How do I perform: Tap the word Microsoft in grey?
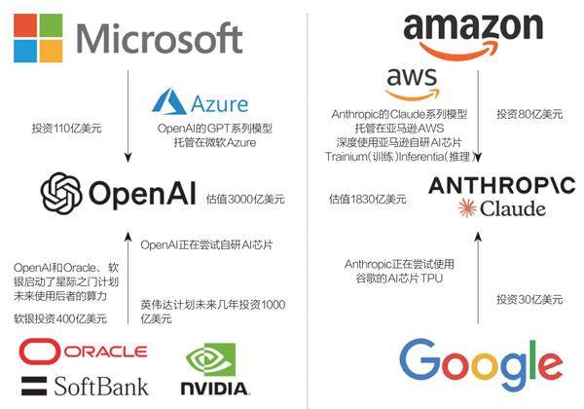pyautogui.click(x=159, y=39)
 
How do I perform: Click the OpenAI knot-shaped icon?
pyautogui.click(x=60, y=192)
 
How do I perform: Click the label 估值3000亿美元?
pyautogui.click(x=246, y=200)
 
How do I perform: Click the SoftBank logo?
pyautogui.click(x=85, y=384)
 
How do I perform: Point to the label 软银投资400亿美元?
pyautogui.click(x=60, y=318)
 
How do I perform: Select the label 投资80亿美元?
pyautogui.click(x=529, y=115)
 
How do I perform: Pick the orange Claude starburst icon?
pyautogui.click(x=468, y=208)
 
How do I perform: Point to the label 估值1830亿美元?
pyautogui.click(x=368, y=199)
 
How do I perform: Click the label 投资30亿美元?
pyautogui.click(x=529, y=299)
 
